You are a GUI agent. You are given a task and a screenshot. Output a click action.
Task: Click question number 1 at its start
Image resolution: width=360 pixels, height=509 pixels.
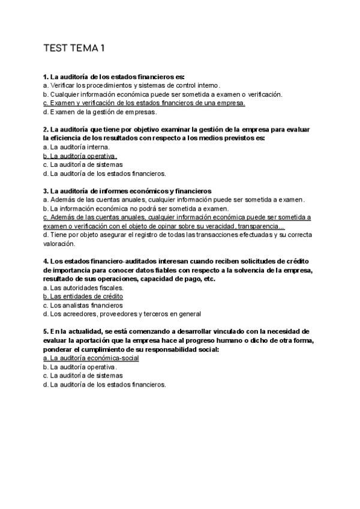(x=46, y=77)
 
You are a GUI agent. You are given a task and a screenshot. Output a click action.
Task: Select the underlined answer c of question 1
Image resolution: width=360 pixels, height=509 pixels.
(x=144, y=103)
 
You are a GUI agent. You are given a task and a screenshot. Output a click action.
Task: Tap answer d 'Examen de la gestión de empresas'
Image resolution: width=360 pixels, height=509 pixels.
(x=100, y=112)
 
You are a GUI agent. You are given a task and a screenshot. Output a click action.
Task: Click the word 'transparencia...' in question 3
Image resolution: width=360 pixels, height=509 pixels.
(x=260, y=226)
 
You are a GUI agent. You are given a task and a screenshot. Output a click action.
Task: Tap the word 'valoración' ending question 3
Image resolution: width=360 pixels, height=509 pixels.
(x=59, y=244)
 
